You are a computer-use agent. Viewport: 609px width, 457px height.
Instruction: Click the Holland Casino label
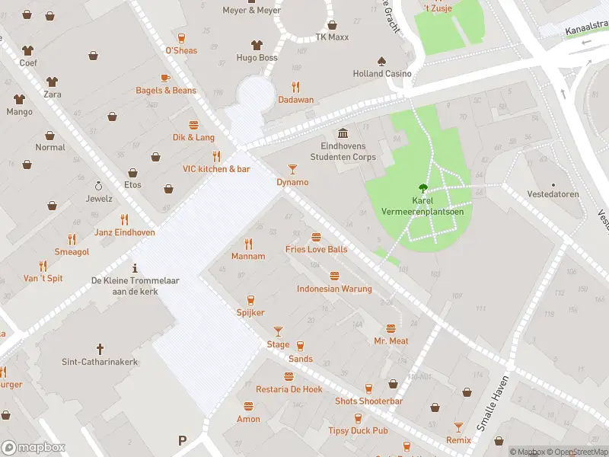point(382,74)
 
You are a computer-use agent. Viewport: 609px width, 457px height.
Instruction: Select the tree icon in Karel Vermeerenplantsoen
point(421,187)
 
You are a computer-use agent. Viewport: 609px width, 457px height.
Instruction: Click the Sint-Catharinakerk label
point(100,362)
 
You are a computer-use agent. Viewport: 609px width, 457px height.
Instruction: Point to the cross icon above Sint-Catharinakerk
point(100,347)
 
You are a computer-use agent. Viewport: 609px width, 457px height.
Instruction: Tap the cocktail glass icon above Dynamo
point(292,168)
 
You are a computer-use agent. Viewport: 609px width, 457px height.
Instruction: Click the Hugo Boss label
point(257,58)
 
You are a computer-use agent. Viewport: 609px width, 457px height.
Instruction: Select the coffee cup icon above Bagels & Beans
point(165,77)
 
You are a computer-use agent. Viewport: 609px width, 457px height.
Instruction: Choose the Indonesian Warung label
point(334,289)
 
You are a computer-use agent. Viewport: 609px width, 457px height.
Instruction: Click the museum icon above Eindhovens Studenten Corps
point(343,133)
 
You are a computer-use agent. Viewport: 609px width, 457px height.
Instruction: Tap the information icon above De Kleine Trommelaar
point(135,267)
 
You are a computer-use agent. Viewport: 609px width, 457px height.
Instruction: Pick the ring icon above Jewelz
point(98,185)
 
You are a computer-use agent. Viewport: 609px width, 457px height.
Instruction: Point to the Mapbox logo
point(33,447)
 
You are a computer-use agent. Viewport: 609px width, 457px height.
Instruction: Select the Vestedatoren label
point(553,194)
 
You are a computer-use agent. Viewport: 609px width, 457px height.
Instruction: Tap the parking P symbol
point(182,440)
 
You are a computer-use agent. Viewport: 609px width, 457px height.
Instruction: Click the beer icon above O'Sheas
point(181,37)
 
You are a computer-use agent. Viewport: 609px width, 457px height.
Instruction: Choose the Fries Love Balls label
point(316,249)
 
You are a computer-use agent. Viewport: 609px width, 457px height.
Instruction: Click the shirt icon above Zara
point(52,81)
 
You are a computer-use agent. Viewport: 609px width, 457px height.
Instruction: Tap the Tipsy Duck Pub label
point(358,431)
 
